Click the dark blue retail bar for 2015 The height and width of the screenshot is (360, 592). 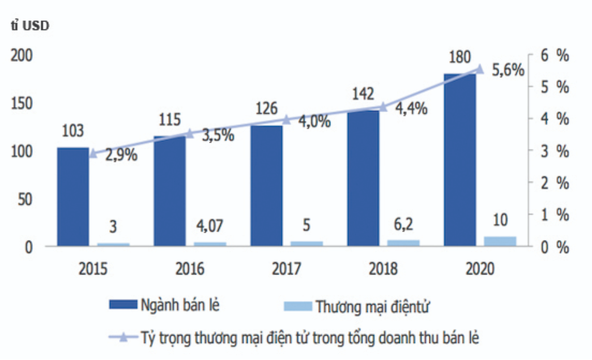(73, 196)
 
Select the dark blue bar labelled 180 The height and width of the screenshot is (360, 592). (460, 160)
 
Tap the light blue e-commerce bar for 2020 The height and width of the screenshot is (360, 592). (500, 241)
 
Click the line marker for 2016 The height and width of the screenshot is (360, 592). (190, 134)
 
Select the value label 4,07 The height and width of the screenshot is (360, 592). (209, 226)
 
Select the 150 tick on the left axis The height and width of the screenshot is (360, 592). (20, 104)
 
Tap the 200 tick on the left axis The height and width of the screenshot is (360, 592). (20, 55)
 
